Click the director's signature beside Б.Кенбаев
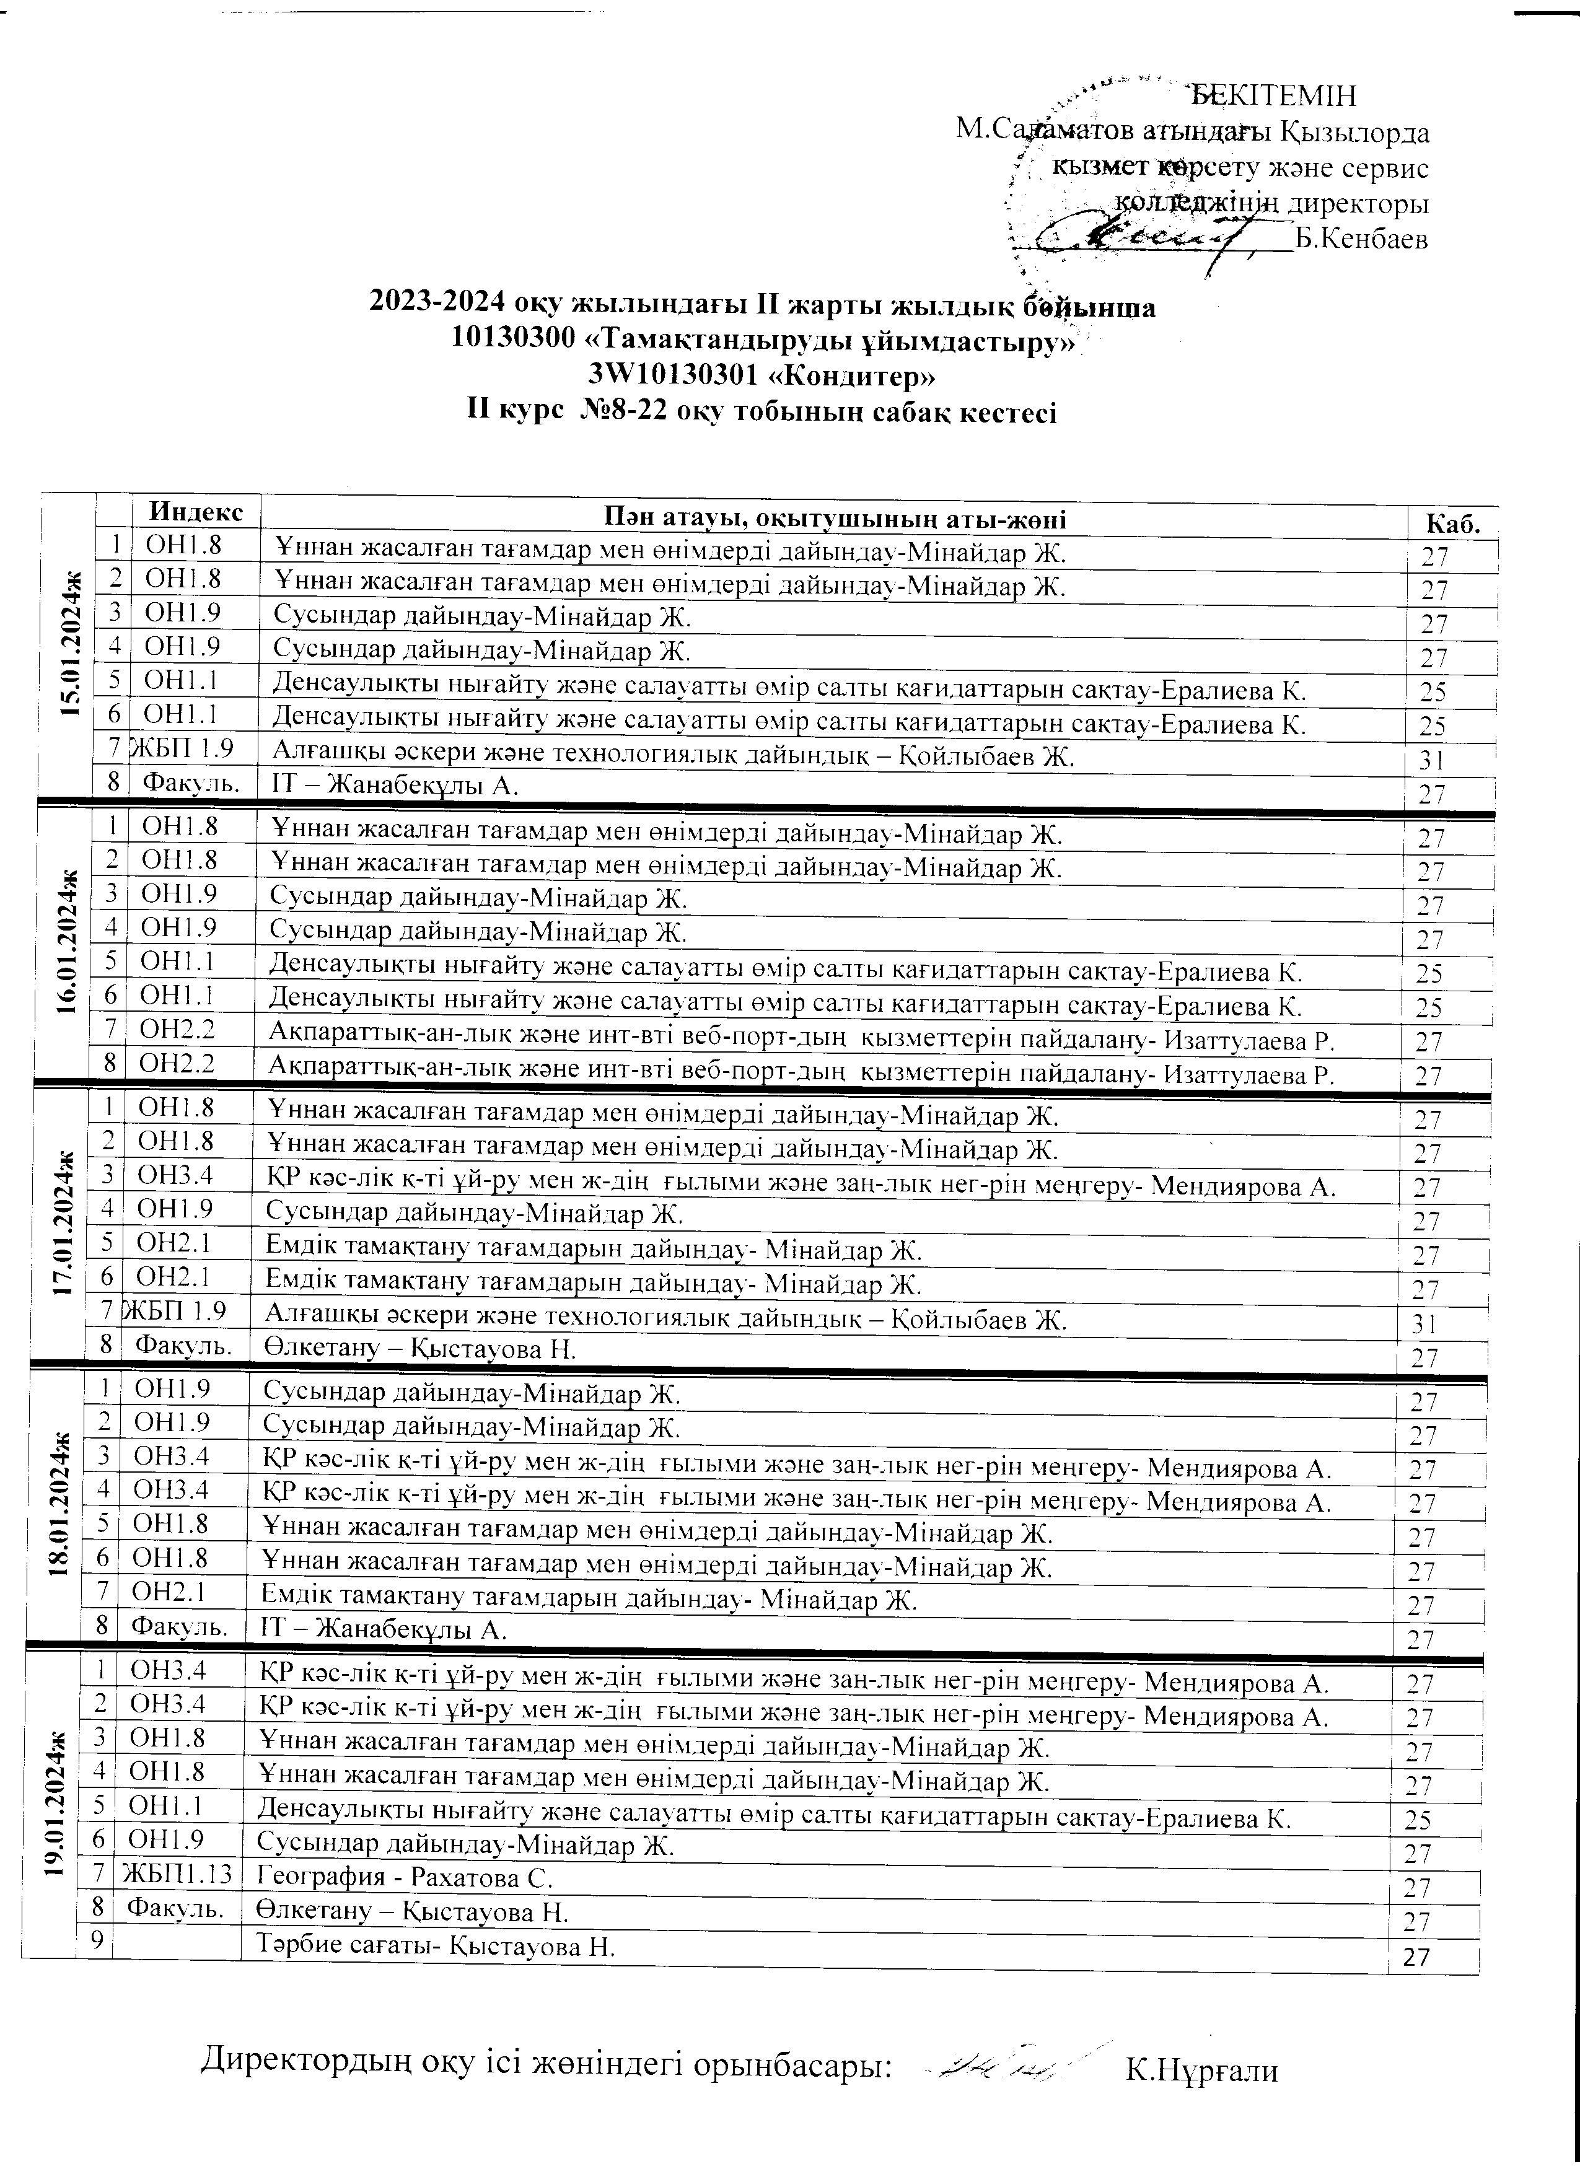click(x=1148, y=234)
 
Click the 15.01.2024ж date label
click(x=68, y=644)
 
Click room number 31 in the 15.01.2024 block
click(x=1433, y=760)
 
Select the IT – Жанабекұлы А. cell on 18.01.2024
click(x=385, y=1629)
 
